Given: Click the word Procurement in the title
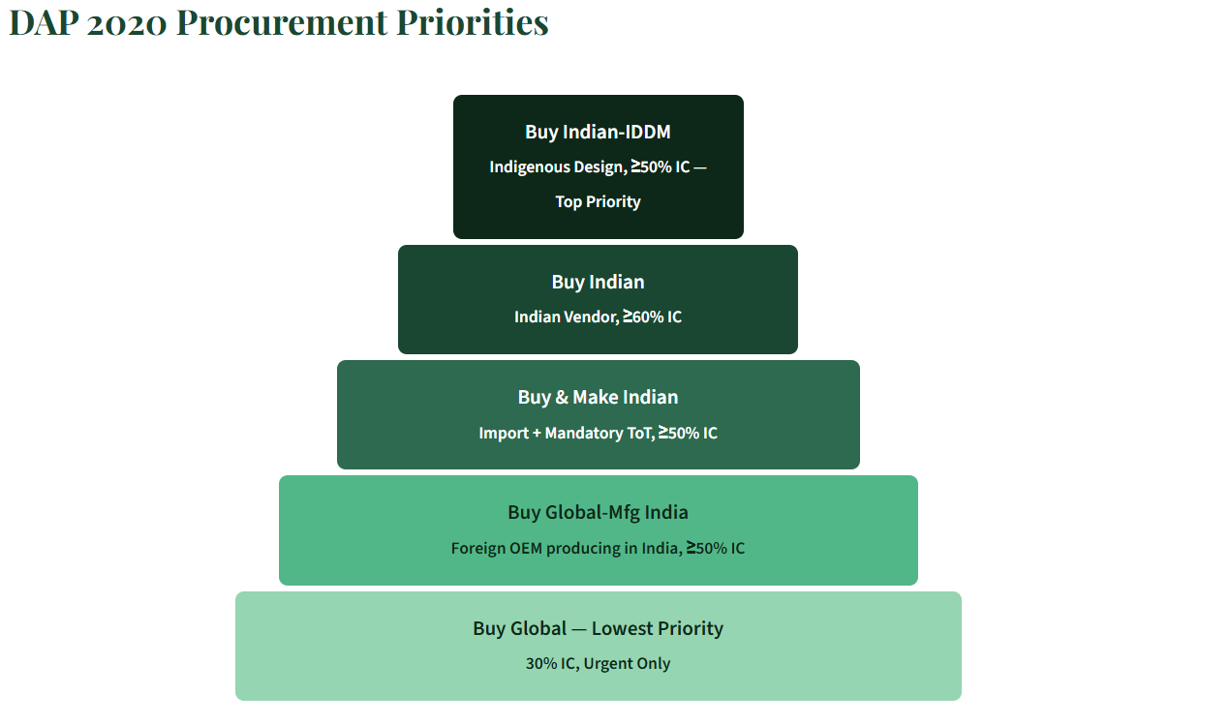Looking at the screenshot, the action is point(282,23).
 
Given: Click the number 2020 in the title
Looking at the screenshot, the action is point(126,24).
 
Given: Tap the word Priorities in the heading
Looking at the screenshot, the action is point(473,23).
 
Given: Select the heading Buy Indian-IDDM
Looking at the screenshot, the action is point(598,132).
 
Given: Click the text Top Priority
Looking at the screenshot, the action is point(598,201).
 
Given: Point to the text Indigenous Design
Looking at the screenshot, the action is point(558,166).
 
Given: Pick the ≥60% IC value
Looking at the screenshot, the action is point(653,317).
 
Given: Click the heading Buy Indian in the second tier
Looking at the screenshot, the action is point(598,282).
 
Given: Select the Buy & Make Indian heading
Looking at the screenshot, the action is point(598,397).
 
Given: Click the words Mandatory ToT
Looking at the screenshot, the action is point(600,433).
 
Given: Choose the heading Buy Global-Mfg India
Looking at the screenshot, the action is point(598,512).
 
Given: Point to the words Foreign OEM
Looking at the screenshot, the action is point(497,548).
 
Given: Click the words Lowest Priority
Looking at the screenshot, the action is point(658,628).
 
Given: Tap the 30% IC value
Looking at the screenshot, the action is point(551,664).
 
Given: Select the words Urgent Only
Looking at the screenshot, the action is point(627,664).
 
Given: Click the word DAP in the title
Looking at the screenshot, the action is point(44,23).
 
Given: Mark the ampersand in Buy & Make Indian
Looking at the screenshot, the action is point(562,397).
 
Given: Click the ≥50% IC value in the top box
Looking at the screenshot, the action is point(660,166).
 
